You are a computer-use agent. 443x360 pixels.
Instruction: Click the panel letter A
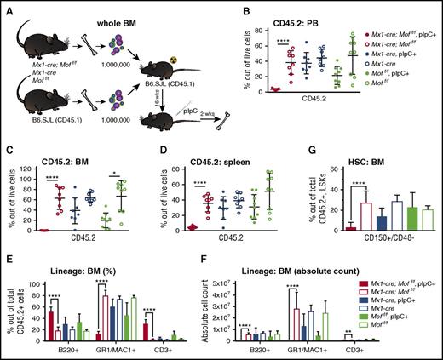point(7,8)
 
